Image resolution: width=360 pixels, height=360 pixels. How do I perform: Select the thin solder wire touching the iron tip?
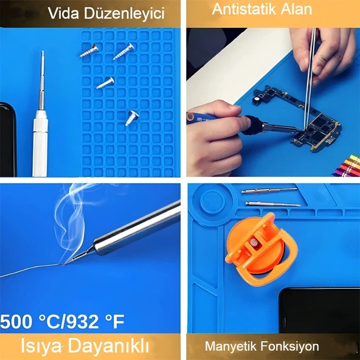(x=30, y=272)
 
